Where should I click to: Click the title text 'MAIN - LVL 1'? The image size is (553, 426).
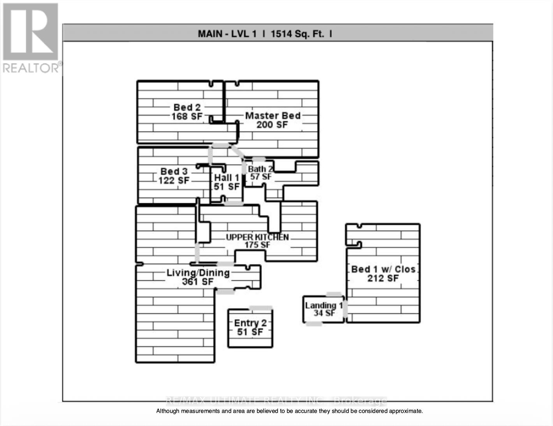(227, 34)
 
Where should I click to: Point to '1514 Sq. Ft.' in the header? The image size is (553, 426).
(297, 34)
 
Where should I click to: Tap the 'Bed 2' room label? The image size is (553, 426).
(187, 107)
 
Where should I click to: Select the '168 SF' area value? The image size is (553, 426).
(187, 116)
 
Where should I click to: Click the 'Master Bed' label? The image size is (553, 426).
(273, 116)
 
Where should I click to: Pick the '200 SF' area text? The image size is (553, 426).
(272, 125)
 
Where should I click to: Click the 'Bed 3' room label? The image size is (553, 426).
(174, 171)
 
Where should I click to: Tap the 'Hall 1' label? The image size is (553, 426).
(226, 178)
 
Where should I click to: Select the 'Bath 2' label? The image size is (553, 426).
(260, 169)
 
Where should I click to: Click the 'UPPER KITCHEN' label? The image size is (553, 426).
(257, 237)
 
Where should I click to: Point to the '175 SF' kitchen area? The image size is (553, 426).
(257, 245)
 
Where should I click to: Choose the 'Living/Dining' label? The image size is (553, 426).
(198, 273)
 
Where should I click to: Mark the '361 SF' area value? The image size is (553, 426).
(198, 282)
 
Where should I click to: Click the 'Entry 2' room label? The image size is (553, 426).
(250, 323)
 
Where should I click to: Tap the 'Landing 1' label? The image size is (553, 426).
(324, 306)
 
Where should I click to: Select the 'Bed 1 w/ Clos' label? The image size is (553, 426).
(383, 269)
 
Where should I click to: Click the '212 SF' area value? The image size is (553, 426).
(383, 278)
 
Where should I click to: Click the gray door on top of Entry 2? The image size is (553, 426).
(261, 308)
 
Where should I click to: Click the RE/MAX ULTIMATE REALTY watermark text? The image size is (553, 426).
(276, 401)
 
